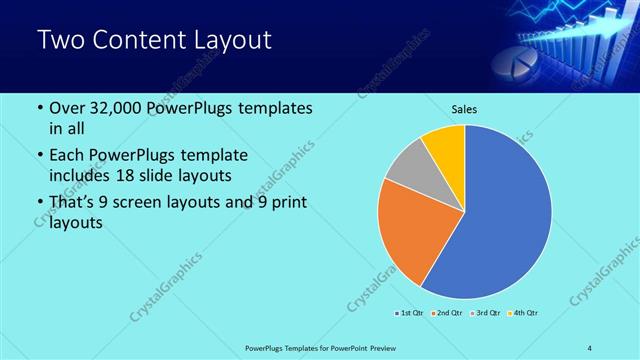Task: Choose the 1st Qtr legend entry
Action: [x=409, y=314]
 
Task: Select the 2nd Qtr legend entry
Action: [x=446, y=314]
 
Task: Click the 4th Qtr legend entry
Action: [x=525, y=314]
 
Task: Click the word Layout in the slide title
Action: [x=225, y=41]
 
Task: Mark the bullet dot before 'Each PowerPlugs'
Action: [x=39, y=155]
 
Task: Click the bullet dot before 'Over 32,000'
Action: [x=39, y=108]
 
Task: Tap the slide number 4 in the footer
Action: [x=590, y=348]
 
